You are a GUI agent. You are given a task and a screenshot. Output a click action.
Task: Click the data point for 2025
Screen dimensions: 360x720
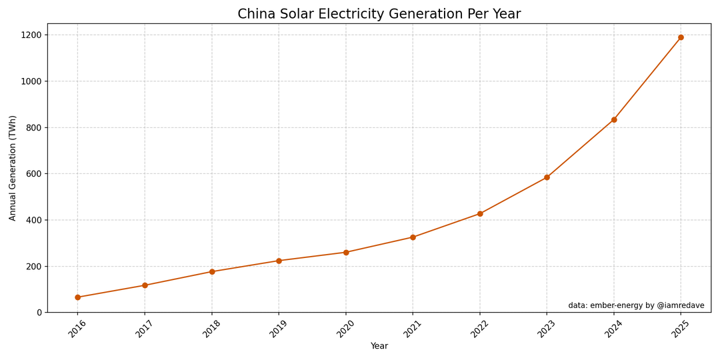681,37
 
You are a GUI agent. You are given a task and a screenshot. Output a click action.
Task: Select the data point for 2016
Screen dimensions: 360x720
77,297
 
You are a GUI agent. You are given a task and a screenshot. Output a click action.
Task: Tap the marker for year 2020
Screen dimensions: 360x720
346,253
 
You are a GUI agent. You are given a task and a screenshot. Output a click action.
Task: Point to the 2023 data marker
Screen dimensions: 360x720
547,177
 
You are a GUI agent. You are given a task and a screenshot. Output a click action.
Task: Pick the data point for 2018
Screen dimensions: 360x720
212,272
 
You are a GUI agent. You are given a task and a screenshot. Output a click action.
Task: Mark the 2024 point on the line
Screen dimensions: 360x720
614,120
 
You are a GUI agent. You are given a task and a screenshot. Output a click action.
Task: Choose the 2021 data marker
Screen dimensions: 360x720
413,237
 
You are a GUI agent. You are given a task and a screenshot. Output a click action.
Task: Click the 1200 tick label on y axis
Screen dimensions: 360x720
31,35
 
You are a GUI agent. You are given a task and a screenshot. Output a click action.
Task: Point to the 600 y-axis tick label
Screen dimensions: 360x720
34,174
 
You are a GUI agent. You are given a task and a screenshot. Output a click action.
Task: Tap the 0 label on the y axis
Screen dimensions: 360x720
39,313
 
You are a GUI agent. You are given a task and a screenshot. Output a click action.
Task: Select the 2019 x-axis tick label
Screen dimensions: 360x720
275,329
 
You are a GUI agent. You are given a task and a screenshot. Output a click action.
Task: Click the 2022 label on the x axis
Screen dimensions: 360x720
476,329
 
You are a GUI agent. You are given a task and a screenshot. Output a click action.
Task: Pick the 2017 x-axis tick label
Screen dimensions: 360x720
141,329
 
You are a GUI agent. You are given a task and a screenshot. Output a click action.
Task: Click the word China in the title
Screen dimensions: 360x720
257,15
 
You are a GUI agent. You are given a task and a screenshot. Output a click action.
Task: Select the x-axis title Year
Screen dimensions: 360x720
379,347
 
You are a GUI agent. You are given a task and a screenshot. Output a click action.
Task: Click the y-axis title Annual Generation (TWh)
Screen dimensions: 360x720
13,168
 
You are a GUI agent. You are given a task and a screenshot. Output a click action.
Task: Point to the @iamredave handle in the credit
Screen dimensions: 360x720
681,306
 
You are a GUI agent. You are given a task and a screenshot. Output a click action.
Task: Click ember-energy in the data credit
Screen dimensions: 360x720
615,306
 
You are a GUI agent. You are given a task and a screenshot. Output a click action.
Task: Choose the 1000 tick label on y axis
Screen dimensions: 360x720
31,81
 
